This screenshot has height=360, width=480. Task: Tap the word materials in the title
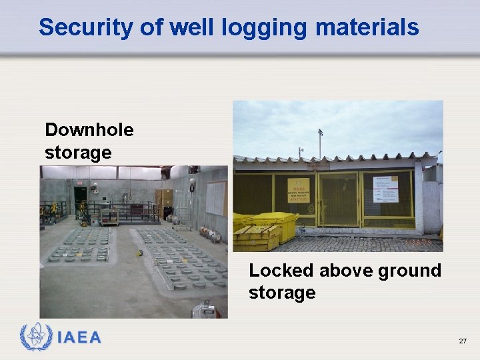(367, 27)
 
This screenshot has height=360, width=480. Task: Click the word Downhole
(89, 130)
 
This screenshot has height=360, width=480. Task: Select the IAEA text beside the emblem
(79, 338)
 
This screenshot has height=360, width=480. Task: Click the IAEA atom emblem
(36, 337)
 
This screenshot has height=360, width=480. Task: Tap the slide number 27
(463, 341)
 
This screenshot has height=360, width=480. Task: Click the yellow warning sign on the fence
(298, 190)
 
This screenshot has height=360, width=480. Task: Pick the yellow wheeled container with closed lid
(276, 225)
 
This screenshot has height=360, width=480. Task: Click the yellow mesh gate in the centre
(339, 199)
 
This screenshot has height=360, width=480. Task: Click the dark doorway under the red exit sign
(81, 197)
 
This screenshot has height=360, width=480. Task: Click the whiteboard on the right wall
(215, 198)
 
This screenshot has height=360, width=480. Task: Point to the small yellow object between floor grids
(139, 253)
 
